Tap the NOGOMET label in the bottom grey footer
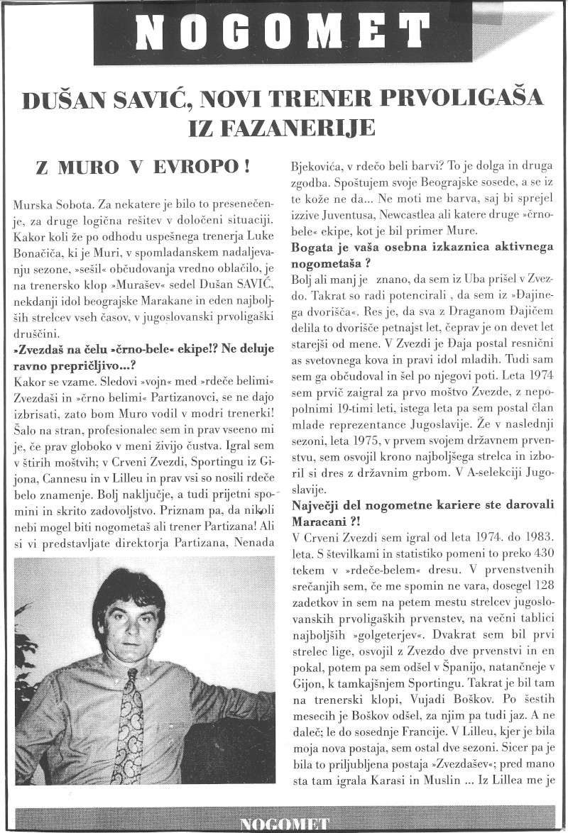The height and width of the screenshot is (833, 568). click(284, 824)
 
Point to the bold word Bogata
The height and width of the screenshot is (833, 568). click(312, 248)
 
